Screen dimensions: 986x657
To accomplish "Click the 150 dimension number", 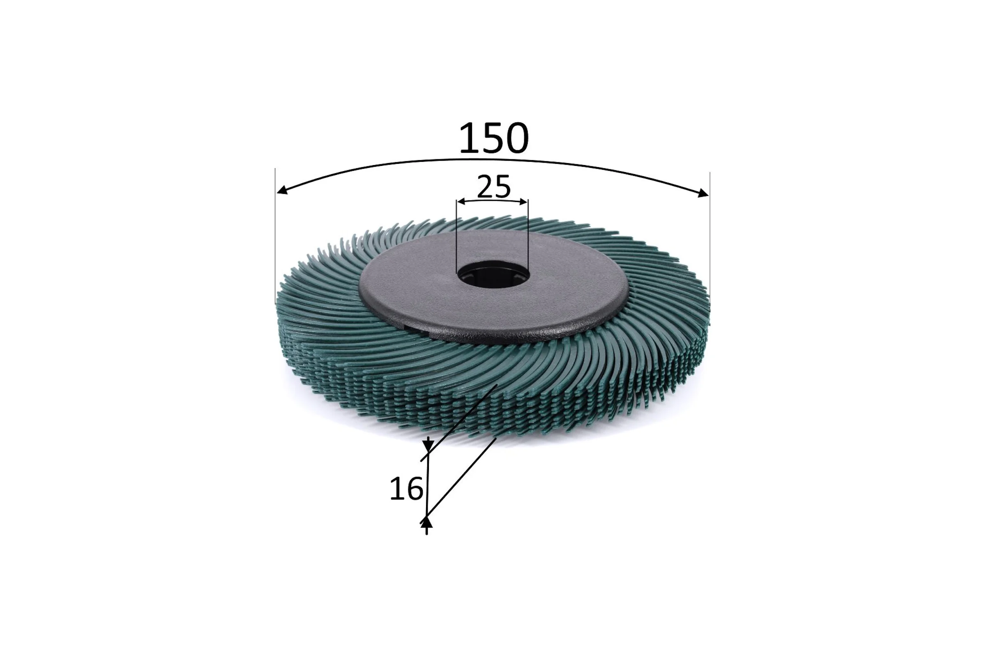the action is [494, 138].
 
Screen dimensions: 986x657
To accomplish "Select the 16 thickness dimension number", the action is [406, 489].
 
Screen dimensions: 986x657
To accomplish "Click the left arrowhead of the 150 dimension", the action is [282, 190].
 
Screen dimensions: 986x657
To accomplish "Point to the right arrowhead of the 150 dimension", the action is [703, 193].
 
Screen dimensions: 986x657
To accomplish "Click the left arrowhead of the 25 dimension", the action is [461, 202].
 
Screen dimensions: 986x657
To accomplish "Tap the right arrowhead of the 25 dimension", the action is [523, 202].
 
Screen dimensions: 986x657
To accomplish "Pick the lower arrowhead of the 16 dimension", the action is [426, 522].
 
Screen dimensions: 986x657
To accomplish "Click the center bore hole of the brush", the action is [493, 274].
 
